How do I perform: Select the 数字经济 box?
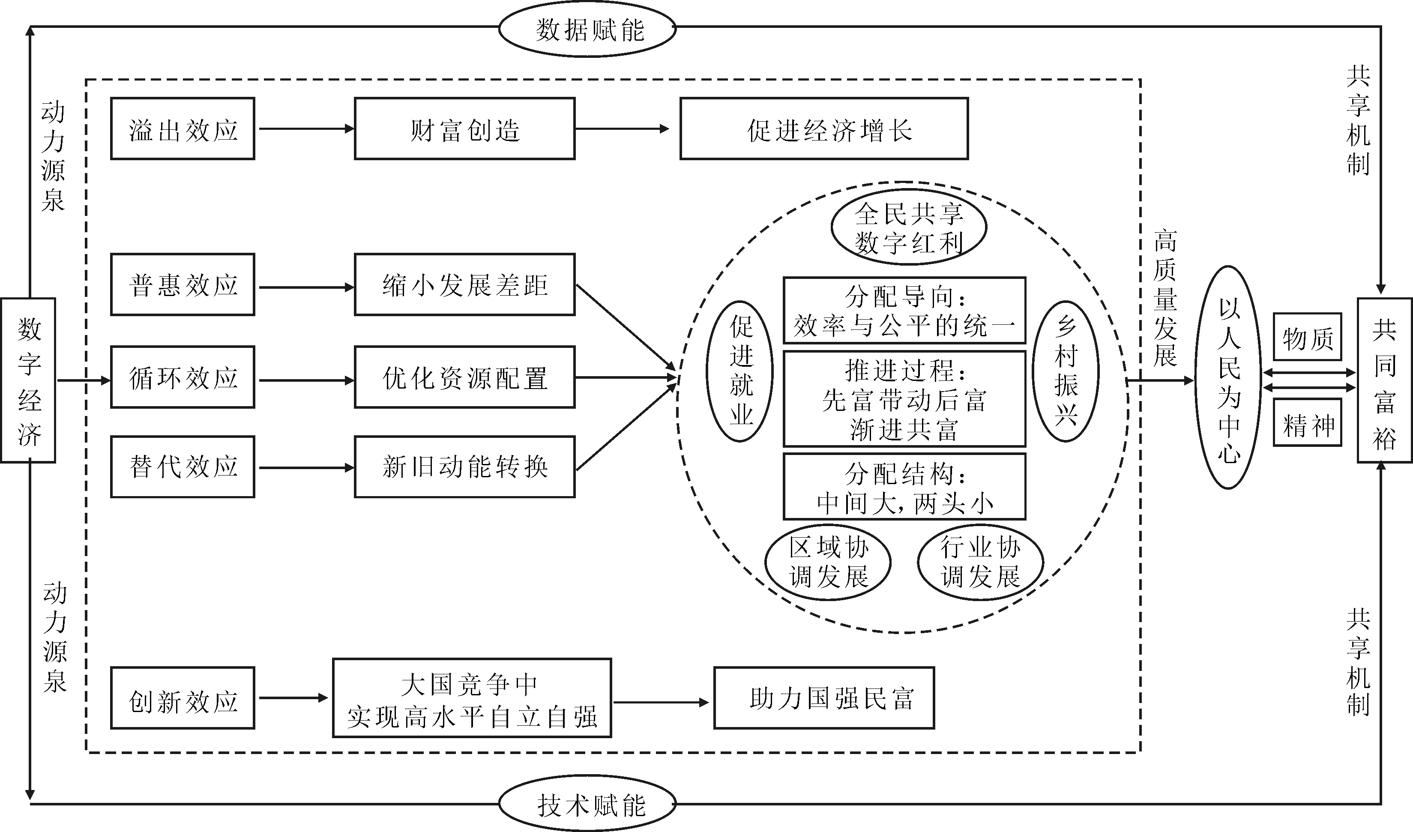28,380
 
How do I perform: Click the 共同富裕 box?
1383,380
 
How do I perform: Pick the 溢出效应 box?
183,129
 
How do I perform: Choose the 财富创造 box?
464,129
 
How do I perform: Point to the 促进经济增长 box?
824,129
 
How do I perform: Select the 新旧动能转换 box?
464,467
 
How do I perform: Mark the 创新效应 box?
183,698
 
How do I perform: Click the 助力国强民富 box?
824,698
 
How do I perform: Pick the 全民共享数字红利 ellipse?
908,227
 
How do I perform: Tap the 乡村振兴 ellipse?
1066,371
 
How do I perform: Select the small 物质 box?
1307,337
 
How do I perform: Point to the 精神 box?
1307,423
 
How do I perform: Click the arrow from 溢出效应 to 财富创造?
305,129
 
